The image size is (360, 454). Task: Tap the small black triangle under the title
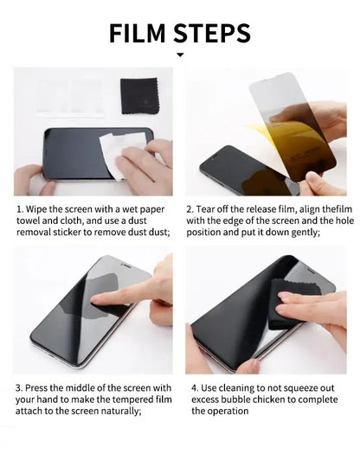[x=180, y=55]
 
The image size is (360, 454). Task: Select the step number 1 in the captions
[x=19, y=209]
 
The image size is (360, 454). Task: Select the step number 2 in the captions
[x=190, y=209]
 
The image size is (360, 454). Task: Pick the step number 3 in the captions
[x=19, y=387]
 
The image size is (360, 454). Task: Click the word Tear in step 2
[x=210, y=209]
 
